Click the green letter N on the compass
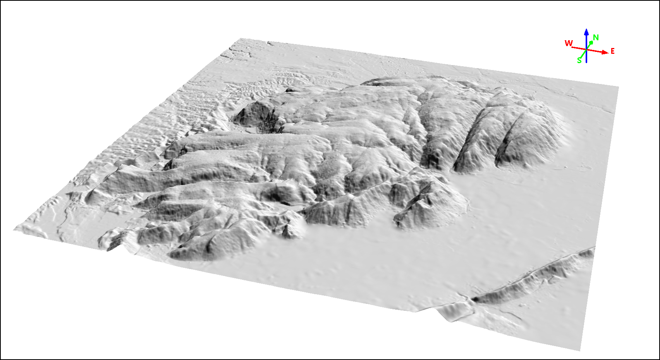[x=596, y=38]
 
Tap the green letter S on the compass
[x=579, y=60]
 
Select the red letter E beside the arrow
[x=612, y=51]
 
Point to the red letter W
[x=568, y=43]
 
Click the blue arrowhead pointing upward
[x=586, y=32]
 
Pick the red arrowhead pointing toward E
[x=605, y=52]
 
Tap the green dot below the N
[x=591, y=43]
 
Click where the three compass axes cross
[x=586, y=50]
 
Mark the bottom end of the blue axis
[x=586, y=62]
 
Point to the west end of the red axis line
[x=573, y=48]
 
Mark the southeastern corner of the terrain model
[x=580, y=351]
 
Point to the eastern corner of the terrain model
[x=618, y=87]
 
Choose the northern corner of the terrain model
[x=241, y=38]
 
